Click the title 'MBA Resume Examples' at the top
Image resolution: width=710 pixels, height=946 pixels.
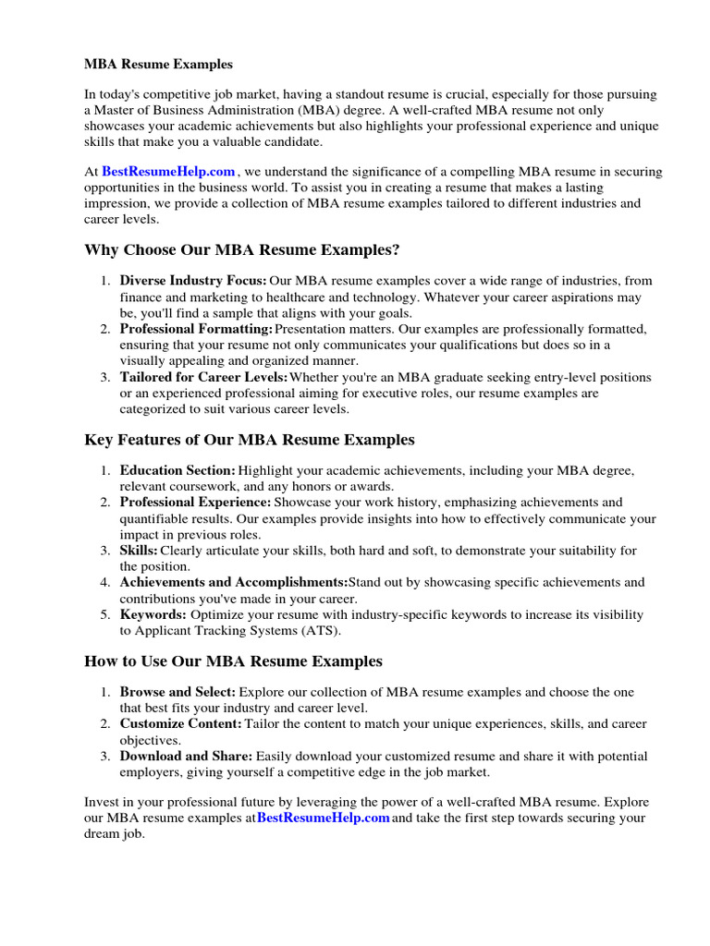click(x=159, y=65)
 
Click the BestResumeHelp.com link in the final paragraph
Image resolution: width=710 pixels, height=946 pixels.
click(x=323, y=818)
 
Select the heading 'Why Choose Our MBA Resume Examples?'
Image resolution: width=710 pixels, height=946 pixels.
click(x=241, y=250)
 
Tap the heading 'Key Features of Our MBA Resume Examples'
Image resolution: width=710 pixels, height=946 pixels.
click(x=250, y=440)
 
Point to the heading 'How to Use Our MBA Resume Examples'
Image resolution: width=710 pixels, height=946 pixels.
click(x=233, y=661)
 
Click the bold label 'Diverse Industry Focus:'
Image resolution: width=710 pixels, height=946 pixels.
click(x=193, y=281)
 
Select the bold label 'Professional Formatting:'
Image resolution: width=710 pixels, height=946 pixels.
click(x=196, y=329)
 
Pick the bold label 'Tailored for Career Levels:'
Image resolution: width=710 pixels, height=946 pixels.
click(x=203, y=378)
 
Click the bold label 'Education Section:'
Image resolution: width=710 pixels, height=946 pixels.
click(x=177, y=471)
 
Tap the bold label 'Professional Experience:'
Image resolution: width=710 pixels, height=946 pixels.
click(x=195, y=503)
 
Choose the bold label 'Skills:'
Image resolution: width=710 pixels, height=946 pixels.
click(x=140, y=551)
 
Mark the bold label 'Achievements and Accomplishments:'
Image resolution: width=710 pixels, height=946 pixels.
click(x=233, y=583)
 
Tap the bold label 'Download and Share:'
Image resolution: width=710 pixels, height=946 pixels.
click(x=186, y=756)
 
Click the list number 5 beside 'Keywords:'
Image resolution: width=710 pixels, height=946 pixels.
click(x=105, y=614)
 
